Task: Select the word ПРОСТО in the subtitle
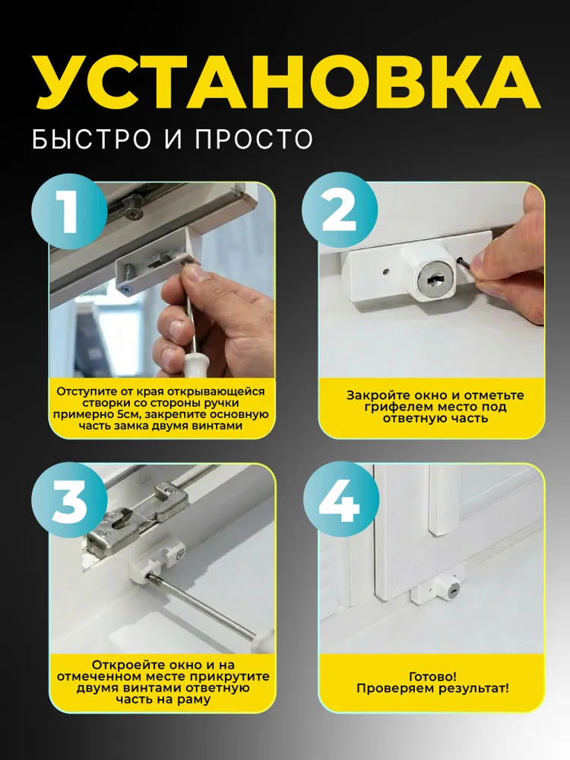(255, 138)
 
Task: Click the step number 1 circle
(69, 211)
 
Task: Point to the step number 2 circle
(339, 210)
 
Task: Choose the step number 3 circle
(69, 499)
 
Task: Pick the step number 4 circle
(339, 499)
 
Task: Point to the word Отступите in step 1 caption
(87, 391)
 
